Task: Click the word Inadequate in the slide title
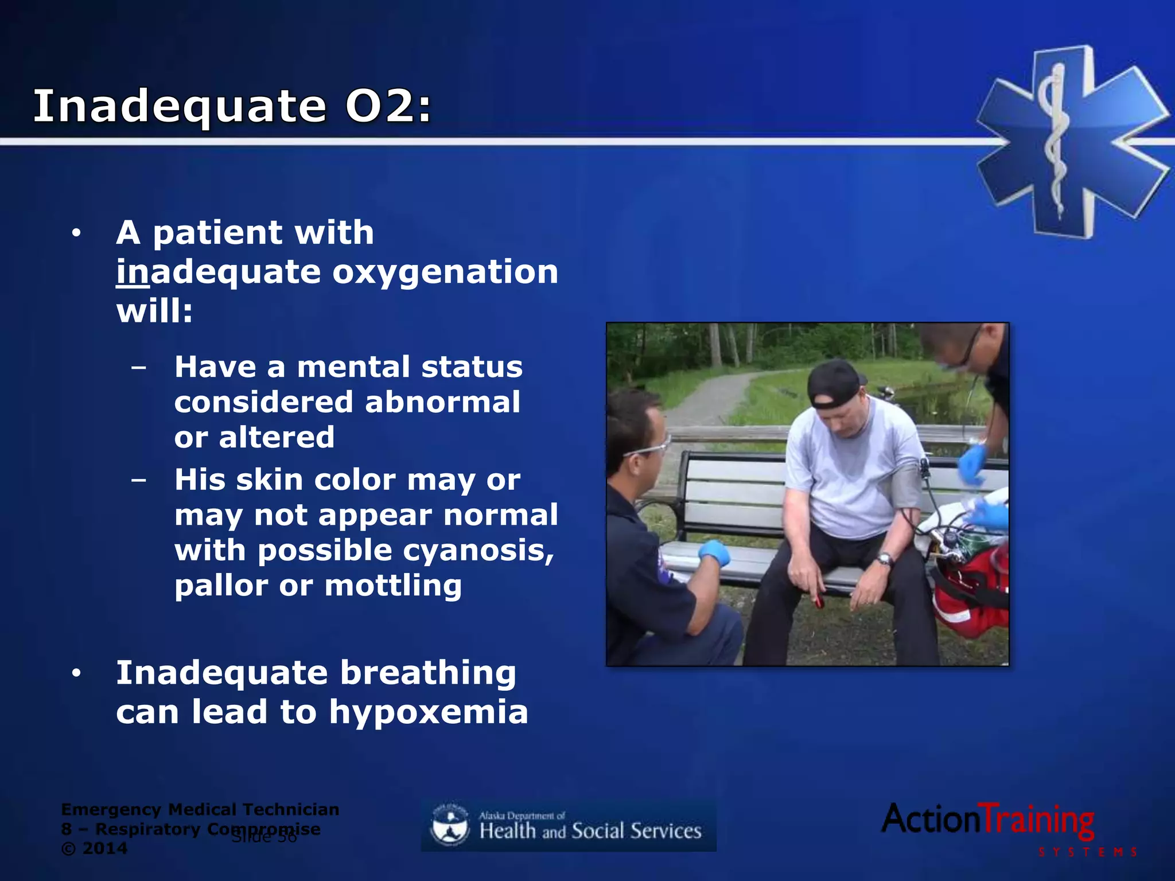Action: pos(179,107)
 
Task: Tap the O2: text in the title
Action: pos(388,107)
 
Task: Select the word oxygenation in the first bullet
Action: pos(445,272)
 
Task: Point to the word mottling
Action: pos(393,586)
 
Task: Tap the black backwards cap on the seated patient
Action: pos(835,383)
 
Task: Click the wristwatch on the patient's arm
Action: pos(884,559)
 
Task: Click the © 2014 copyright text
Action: pos(94,848)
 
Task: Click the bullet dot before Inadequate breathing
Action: pos(76,673)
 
